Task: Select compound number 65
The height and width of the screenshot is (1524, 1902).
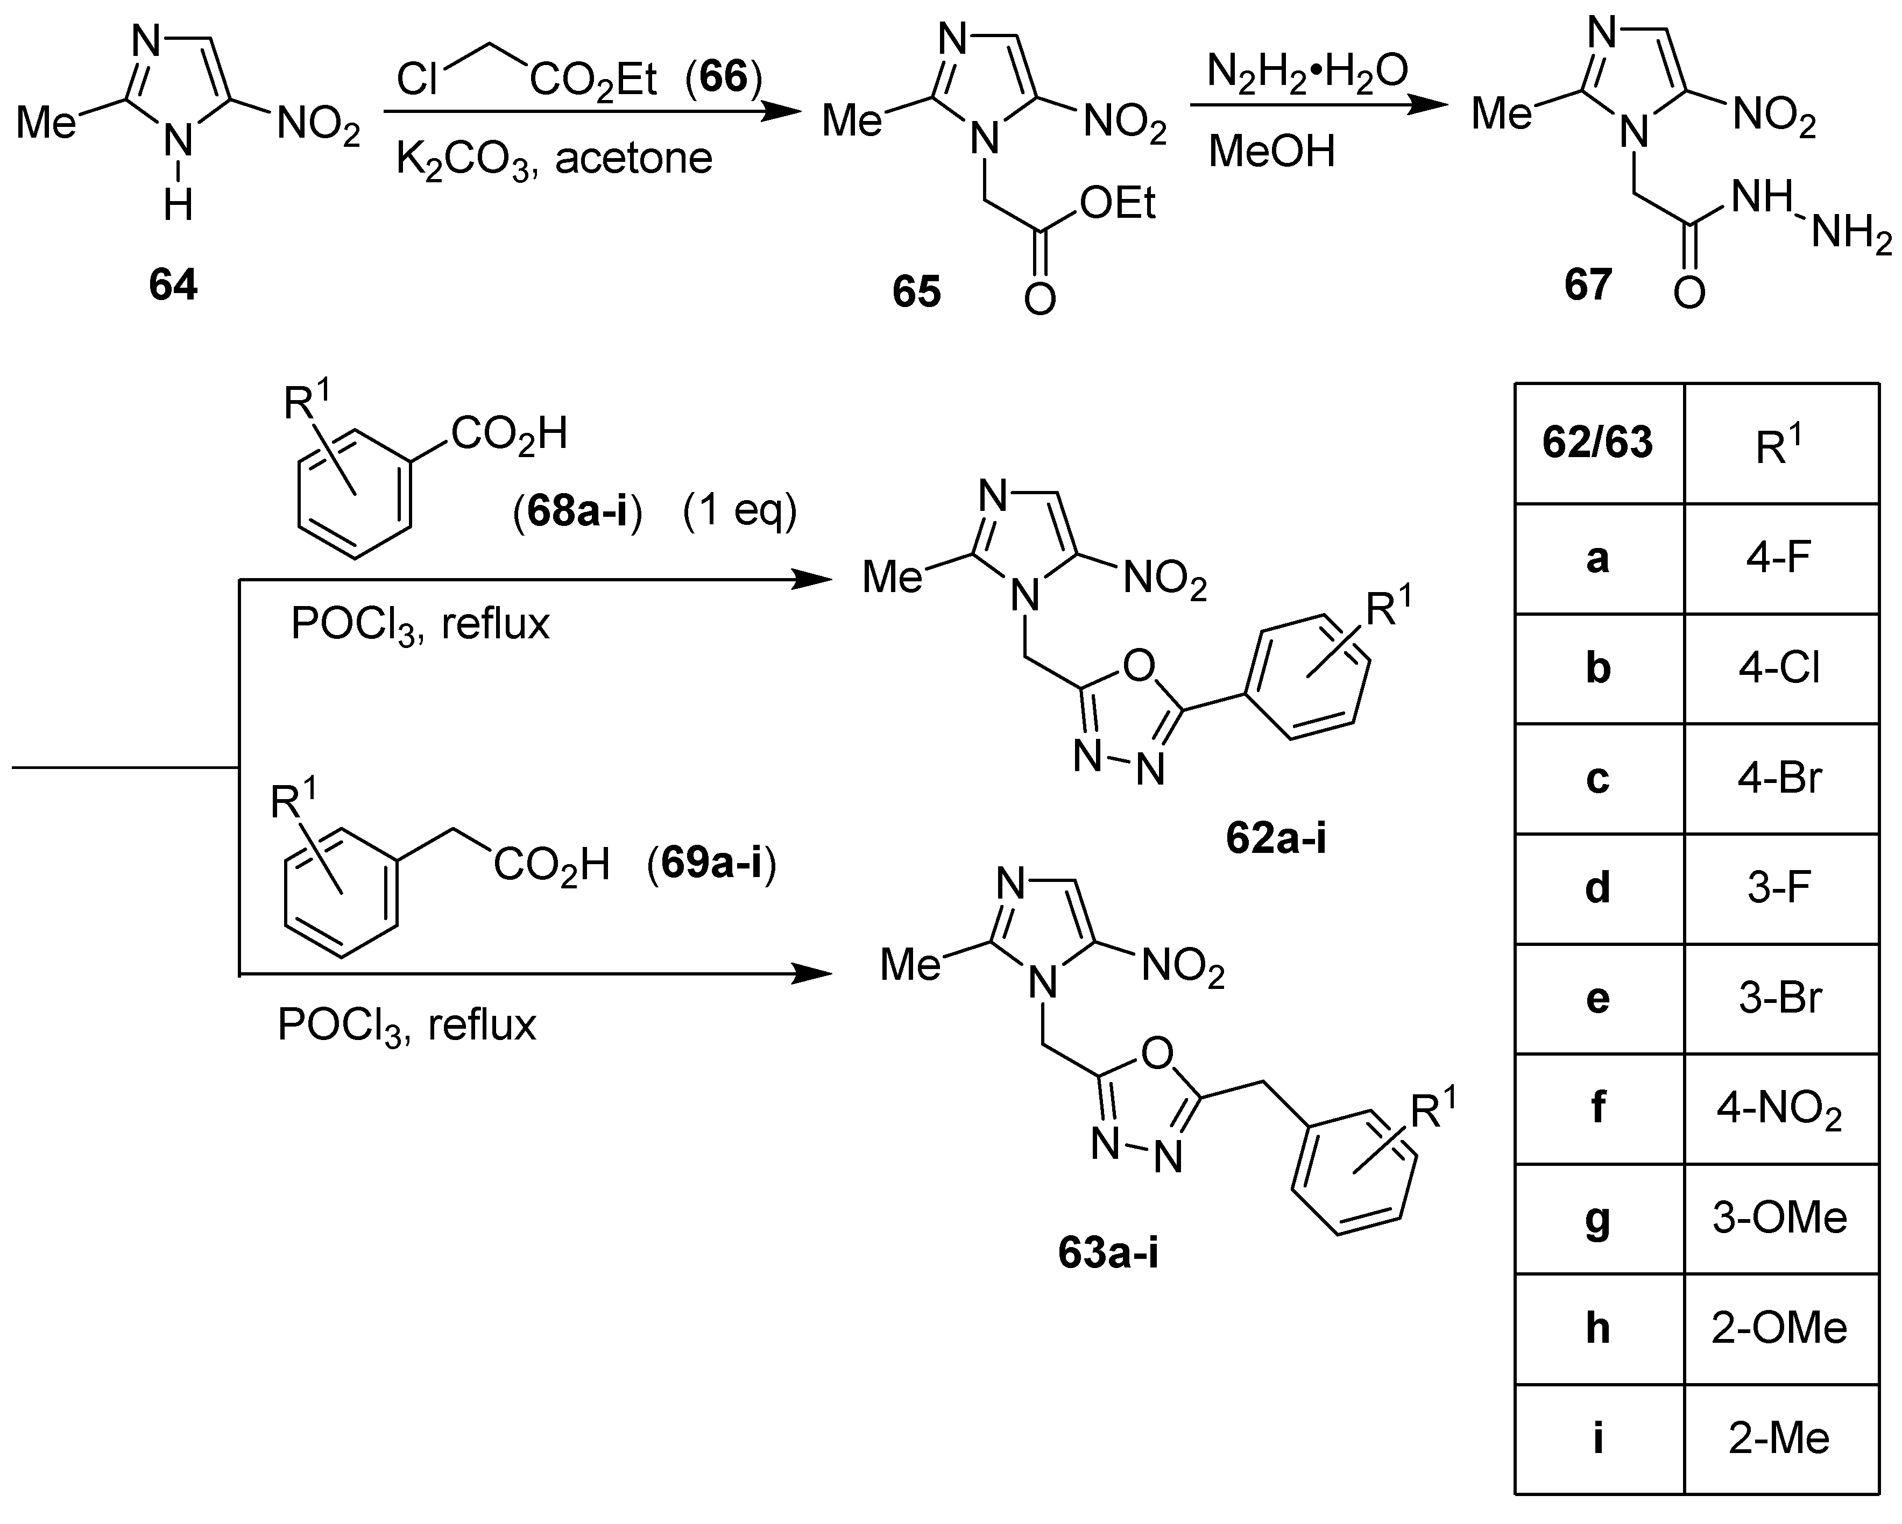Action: tap(917, 292)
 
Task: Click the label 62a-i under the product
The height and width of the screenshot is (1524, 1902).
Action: tap(1276, 839)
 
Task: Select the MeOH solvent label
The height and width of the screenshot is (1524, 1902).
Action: tap(1271, 151)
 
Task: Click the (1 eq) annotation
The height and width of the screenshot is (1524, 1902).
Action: tap(739, 511)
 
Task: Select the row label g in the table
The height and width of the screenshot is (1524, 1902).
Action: tap(1597, 1220)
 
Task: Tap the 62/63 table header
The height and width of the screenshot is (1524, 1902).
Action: tap(1597, 443)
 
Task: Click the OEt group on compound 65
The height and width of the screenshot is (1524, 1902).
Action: tap(1117, 204)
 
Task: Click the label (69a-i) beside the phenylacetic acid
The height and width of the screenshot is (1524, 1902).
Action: tap(711, 864)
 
